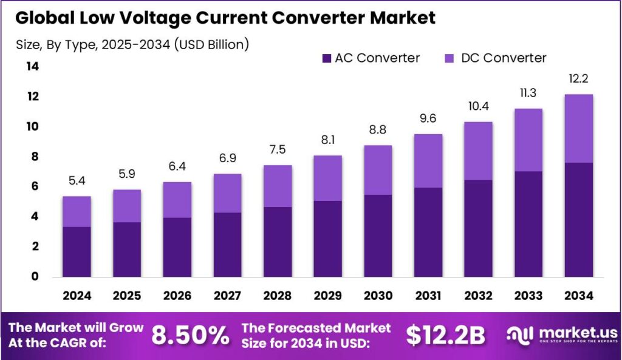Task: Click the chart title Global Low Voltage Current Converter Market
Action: pos(225,18)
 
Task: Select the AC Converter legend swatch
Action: pos(326,58)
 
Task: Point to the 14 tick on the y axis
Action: pos(32,67)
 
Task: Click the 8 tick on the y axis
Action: pos(35,157)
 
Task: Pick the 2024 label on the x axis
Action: pos(77,296)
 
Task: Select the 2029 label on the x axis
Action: pos(327,296)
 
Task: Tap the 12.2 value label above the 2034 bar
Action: pos(578,80)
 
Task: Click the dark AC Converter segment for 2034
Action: pos(578,219)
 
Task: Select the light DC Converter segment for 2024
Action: pos(77,211)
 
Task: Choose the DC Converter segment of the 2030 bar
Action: pos(377,170)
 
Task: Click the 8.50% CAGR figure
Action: pos(191,335)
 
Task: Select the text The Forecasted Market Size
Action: pos(316,335)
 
